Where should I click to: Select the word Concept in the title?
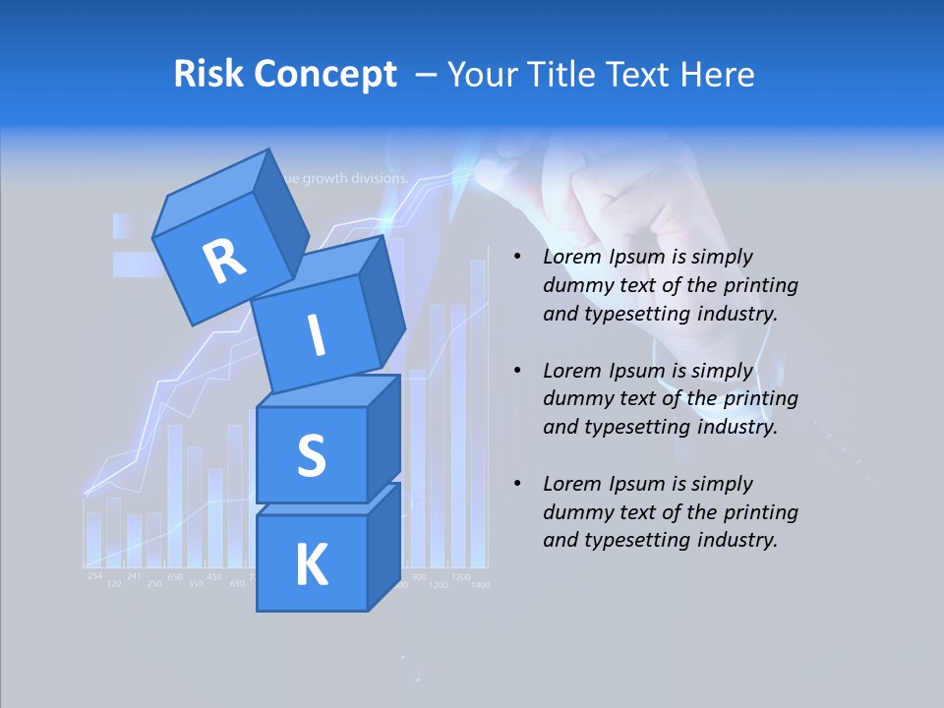coord(324,75)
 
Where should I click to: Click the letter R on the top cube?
coord(224,262)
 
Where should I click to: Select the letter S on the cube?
coord(311,456)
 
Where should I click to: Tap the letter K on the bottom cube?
coord(311,564)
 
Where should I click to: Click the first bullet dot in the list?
coord(517,258)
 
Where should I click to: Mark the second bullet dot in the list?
coord(517,371)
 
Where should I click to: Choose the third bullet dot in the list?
coord(517,484)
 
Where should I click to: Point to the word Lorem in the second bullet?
coord(572,371)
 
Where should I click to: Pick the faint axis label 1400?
coord(479,585)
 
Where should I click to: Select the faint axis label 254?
coord(94,575)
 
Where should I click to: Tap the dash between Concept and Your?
coord(427,75)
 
